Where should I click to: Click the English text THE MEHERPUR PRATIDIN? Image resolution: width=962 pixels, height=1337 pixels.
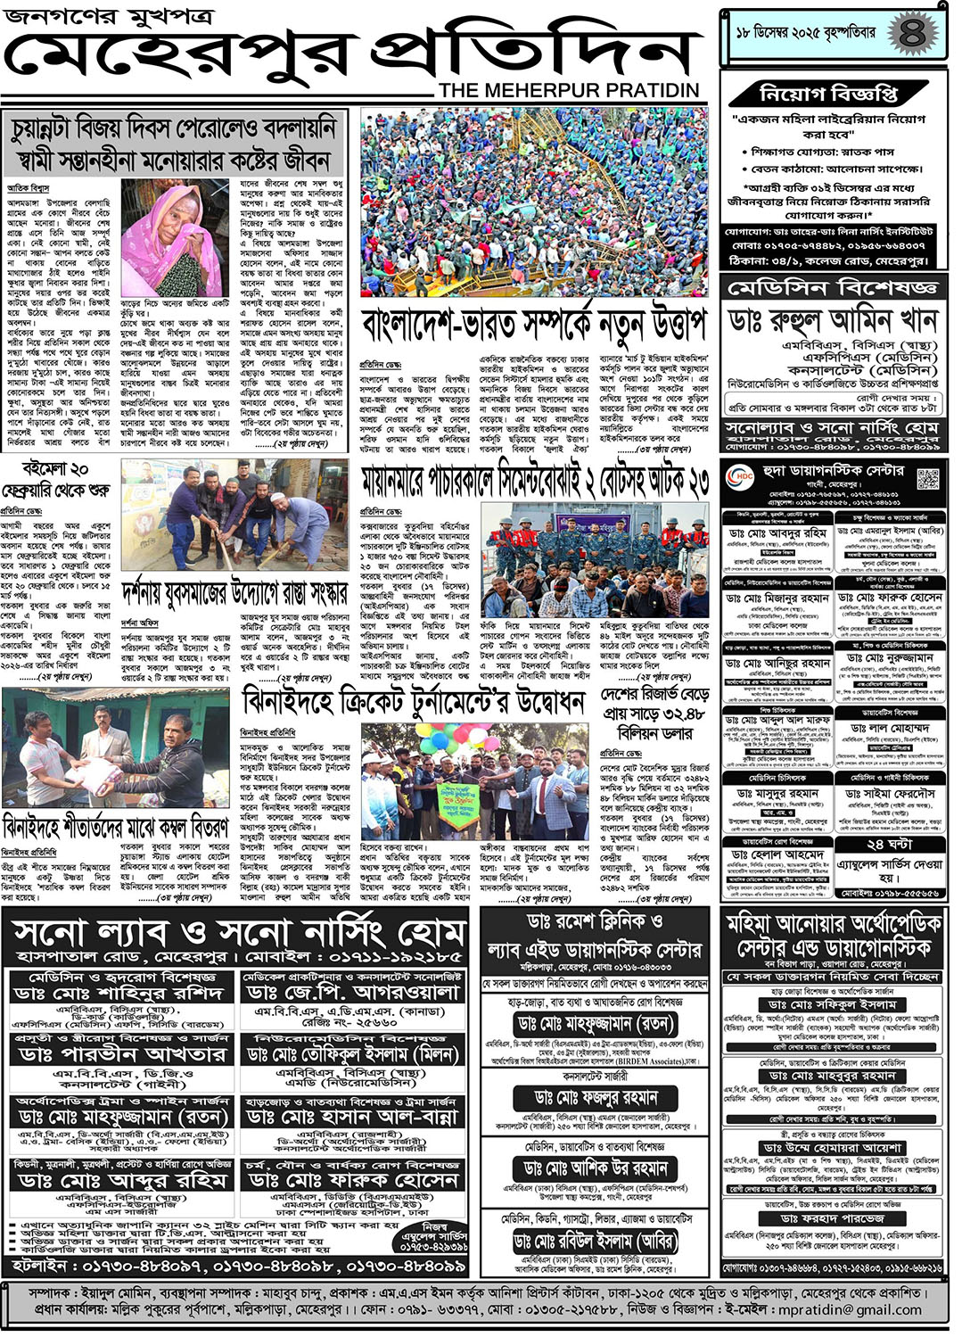569,90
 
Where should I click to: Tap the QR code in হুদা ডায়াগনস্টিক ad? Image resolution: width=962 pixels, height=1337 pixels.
928,478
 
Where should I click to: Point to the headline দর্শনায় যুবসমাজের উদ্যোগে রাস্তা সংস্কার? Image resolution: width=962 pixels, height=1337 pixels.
234,593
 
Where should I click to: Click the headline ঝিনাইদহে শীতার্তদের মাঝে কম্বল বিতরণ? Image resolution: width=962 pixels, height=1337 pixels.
116,825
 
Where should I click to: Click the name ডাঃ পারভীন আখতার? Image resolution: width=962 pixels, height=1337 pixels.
122,1054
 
